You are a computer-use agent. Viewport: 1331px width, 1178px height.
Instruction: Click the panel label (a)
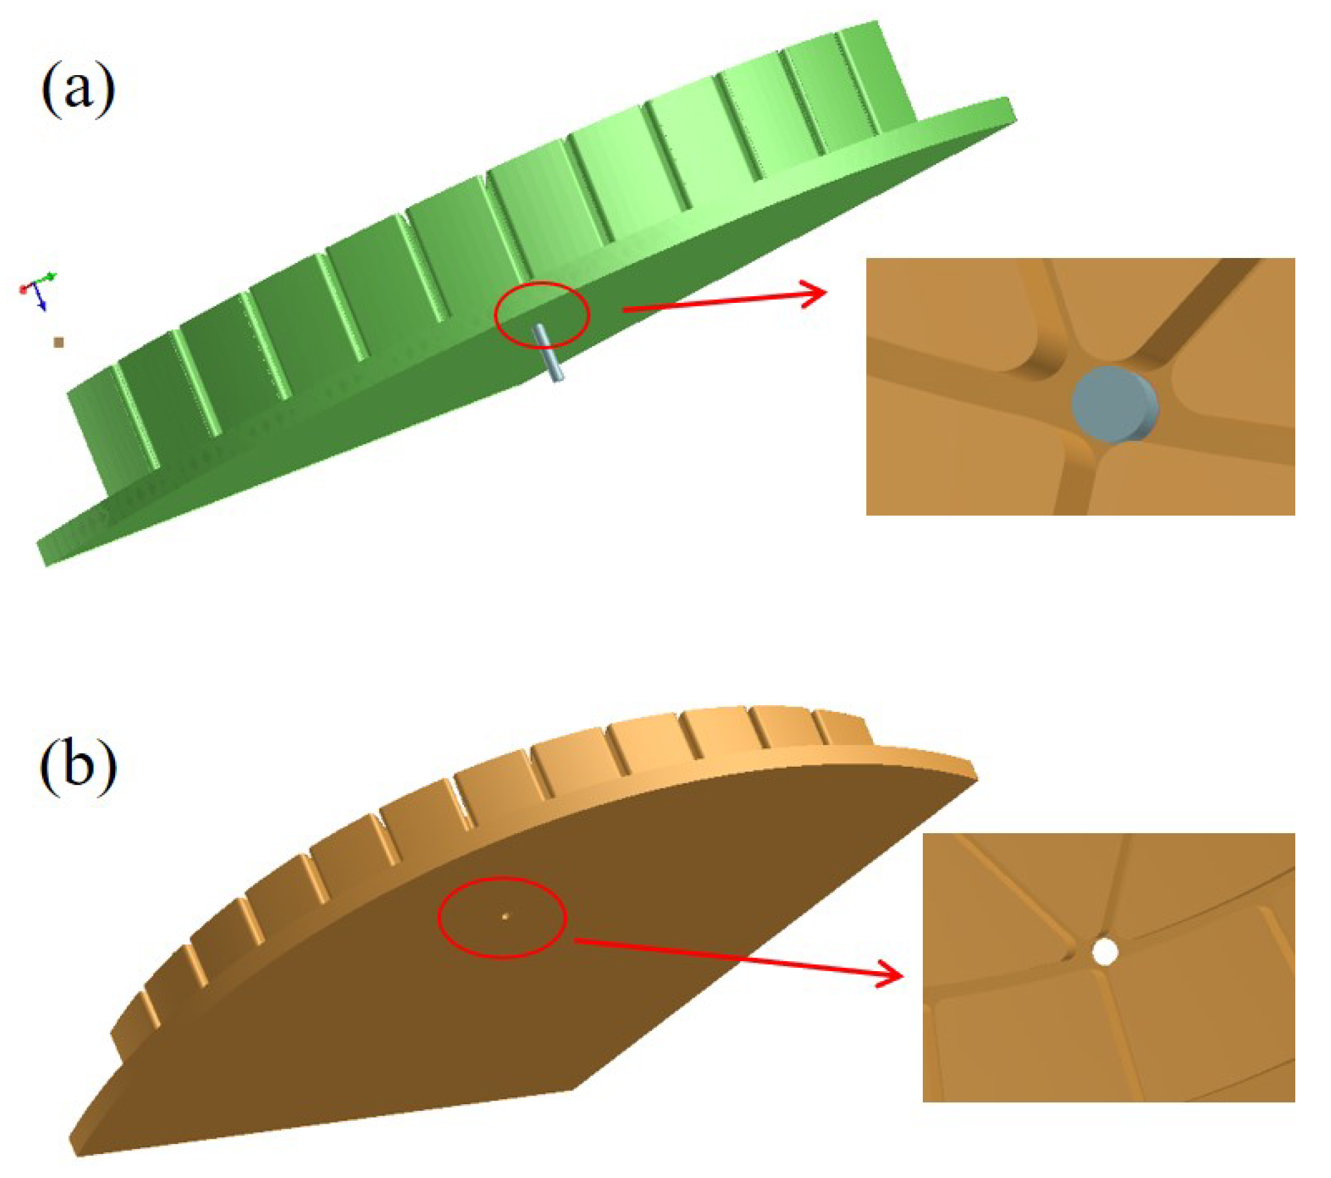[78, 89]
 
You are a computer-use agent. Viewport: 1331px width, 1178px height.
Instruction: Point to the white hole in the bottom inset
[1105, 951]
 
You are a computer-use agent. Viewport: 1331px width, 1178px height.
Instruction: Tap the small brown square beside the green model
[58, 342]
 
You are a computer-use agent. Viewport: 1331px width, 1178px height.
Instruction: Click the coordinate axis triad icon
[38, 290]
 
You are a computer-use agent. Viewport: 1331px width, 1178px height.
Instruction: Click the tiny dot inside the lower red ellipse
[505, 916]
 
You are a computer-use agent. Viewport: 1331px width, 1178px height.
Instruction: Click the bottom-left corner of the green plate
[46, 563]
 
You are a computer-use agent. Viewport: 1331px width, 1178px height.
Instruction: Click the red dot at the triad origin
[24, 287]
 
